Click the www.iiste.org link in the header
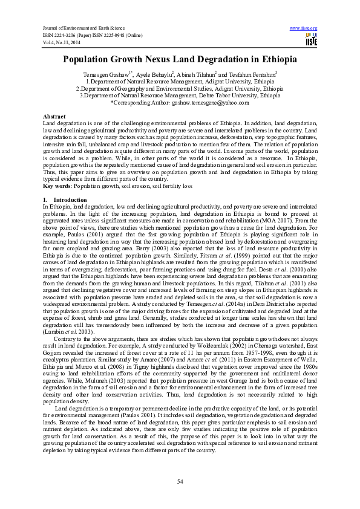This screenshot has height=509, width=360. click(304, 28)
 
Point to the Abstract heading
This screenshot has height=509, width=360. click(54, 115)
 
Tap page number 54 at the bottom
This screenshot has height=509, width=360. click(180, 481)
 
